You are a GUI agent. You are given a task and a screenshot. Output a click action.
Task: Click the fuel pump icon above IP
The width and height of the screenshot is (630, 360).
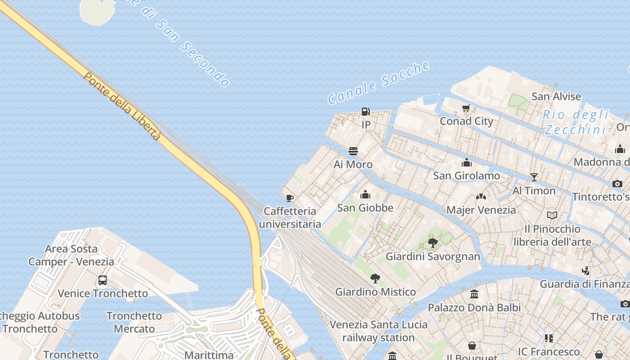click(366, 111)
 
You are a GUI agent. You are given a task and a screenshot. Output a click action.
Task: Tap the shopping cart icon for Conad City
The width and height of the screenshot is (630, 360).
click(466, 108)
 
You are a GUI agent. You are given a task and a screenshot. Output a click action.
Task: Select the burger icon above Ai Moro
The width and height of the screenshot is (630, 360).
click(353, 151)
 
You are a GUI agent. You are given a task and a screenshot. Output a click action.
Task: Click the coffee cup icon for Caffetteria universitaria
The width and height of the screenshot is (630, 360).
click(290, 198)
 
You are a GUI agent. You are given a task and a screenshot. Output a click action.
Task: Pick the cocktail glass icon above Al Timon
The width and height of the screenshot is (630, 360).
click(534, 177)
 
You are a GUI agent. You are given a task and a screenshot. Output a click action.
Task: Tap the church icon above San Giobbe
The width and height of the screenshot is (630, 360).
click(365, 194)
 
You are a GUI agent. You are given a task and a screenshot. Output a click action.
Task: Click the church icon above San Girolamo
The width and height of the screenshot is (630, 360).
click(467, 162)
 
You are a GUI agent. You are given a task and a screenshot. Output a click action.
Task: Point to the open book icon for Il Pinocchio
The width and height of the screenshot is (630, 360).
click(552, 216)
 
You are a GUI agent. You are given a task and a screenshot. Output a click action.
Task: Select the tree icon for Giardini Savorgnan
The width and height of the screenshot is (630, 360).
click(433, 243)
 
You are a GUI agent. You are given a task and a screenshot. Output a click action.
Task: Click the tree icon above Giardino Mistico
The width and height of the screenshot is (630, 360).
click(375, 279)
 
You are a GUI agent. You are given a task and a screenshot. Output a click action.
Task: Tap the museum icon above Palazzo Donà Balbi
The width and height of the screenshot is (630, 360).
click(474, 294)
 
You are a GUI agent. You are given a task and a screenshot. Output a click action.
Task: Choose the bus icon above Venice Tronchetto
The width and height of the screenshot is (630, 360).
click(103, 280)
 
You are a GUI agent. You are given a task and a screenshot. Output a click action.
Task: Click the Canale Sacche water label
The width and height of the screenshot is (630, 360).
click(378, 82)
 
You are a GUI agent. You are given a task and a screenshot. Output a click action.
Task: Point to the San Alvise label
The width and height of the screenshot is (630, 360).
click(556, 96)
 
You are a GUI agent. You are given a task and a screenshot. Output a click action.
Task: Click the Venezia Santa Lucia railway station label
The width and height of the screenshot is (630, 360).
click(378, 331)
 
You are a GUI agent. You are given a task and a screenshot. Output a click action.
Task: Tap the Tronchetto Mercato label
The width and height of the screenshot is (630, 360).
click(134, 322)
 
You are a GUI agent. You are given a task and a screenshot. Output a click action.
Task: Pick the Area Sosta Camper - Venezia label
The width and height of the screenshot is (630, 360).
click(71, 255)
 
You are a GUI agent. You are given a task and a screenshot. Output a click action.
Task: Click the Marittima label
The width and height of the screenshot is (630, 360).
click(209, 355)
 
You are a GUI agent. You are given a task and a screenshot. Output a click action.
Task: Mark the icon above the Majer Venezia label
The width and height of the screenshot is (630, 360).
click(481, 197)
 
